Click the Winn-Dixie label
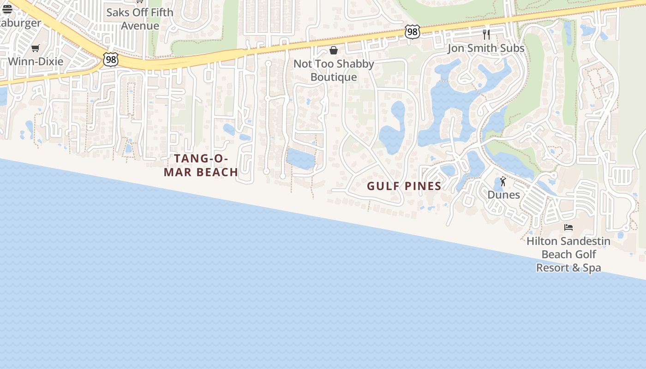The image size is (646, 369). [36, 61]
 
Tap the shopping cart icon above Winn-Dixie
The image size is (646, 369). [36, 48]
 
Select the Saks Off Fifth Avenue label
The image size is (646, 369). [140, 19]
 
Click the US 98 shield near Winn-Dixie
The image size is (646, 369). [111, 59]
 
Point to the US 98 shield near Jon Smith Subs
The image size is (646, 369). [413, 32]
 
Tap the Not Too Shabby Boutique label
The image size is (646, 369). [334, 70]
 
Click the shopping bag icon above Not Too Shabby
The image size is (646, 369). [334, 50]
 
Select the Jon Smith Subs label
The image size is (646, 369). [486, 48]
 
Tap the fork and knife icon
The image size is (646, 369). [486, 34]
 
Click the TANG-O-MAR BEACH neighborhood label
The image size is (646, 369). [201, 165]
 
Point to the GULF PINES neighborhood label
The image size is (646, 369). [404, 186]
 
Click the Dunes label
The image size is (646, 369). [503, 195]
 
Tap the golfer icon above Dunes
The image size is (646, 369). [503, 181]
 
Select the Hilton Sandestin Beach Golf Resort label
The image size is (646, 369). [568, 254]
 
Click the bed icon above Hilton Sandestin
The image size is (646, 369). [568, 227]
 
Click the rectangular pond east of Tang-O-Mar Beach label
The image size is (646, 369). [300, 159]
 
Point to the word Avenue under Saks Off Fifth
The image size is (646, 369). [140, 26]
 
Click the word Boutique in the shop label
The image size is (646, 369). [334, 77]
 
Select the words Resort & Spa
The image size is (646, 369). [568, 268]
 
